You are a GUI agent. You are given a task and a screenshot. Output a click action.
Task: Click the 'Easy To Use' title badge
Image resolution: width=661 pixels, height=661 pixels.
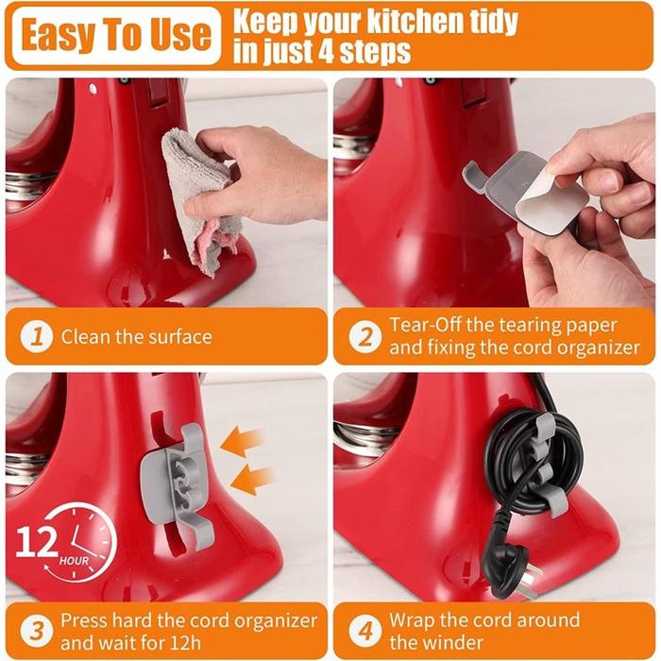pyautogui.click(x=116, y=36)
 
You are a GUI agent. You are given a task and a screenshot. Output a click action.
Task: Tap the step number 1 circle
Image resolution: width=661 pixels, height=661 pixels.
pyautogui.click(x=37, y=336)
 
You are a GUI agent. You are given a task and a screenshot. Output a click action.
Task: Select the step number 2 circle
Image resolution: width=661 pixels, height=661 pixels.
pyautogui.click(x=365, y=336)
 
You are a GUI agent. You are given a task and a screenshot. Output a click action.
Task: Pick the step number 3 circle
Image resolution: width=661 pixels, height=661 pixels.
pyautogui.click(x=37, y=631)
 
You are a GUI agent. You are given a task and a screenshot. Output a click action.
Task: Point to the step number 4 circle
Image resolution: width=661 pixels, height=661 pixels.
pyautogui.click(x=365, y=631)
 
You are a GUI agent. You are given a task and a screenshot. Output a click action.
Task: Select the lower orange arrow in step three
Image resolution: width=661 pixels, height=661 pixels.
pyautogui.click(x=252, y=480)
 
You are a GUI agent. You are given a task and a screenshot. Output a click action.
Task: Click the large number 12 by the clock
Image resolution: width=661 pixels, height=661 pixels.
pyautogui.click(x=37, y=543)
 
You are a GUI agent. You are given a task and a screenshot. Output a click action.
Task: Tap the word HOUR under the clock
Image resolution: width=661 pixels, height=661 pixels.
pyautogui.click(x=75, y=561)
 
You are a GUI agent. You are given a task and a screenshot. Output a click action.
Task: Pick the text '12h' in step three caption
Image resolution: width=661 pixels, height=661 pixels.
pyautogui.click(x=185, y=643)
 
